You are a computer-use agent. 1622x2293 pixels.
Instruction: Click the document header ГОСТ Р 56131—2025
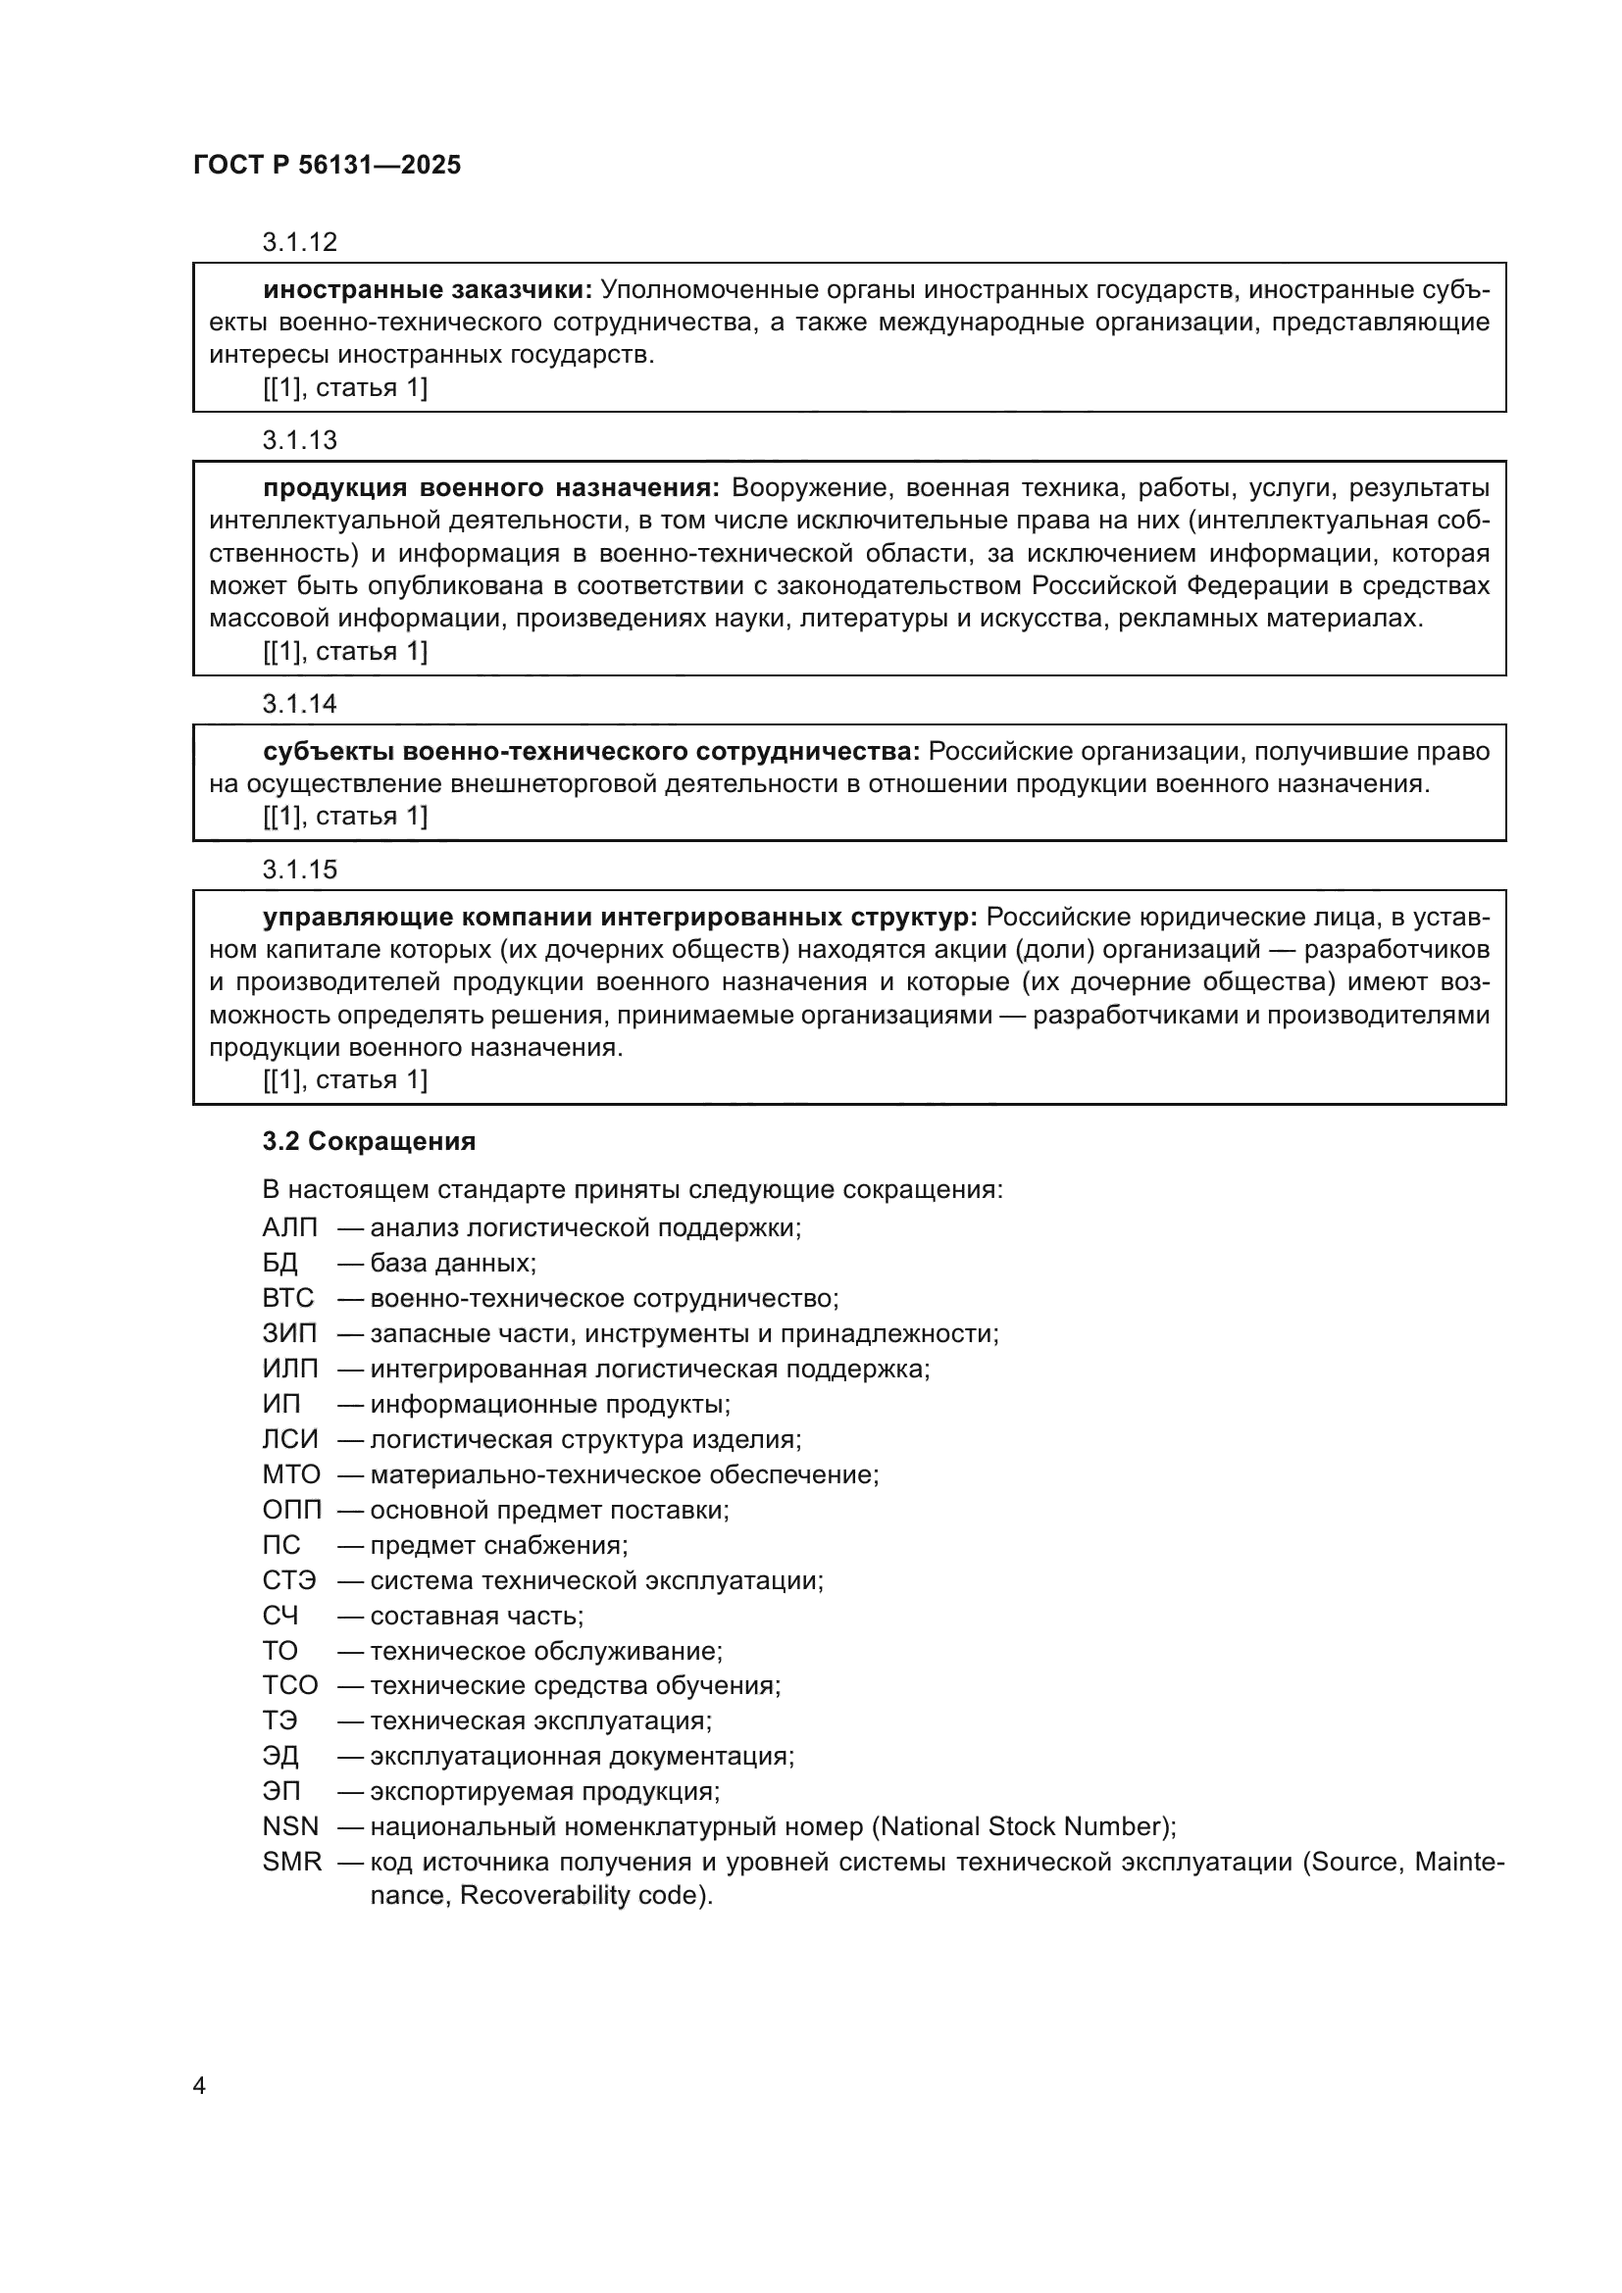327,166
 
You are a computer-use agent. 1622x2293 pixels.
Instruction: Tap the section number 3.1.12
300,243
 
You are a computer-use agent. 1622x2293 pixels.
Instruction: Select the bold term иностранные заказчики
428,290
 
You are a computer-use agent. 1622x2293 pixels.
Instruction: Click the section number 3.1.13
300,440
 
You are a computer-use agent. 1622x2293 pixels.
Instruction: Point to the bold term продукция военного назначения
490,488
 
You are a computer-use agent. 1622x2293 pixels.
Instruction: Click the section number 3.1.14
300,704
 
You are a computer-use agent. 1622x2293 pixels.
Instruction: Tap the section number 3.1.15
300,870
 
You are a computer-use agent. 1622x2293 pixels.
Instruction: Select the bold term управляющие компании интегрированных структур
619,917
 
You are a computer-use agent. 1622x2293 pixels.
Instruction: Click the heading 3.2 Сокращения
369,1141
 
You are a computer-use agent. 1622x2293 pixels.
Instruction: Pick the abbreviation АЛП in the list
289,1228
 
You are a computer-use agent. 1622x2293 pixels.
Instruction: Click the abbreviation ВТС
287,1298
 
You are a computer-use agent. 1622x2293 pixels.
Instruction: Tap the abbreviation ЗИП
289,1334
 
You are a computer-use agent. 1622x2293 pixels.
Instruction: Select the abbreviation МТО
290,1475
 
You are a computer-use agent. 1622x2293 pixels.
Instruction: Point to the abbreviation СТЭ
288,1581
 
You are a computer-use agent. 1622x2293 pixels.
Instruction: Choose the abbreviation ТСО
289,1687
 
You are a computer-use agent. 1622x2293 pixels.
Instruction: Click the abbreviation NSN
289,1827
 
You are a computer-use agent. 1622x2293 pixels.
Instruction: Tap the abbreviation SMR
291,1863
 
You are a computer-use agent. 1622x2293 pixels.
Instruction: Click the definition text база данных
451,1264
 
